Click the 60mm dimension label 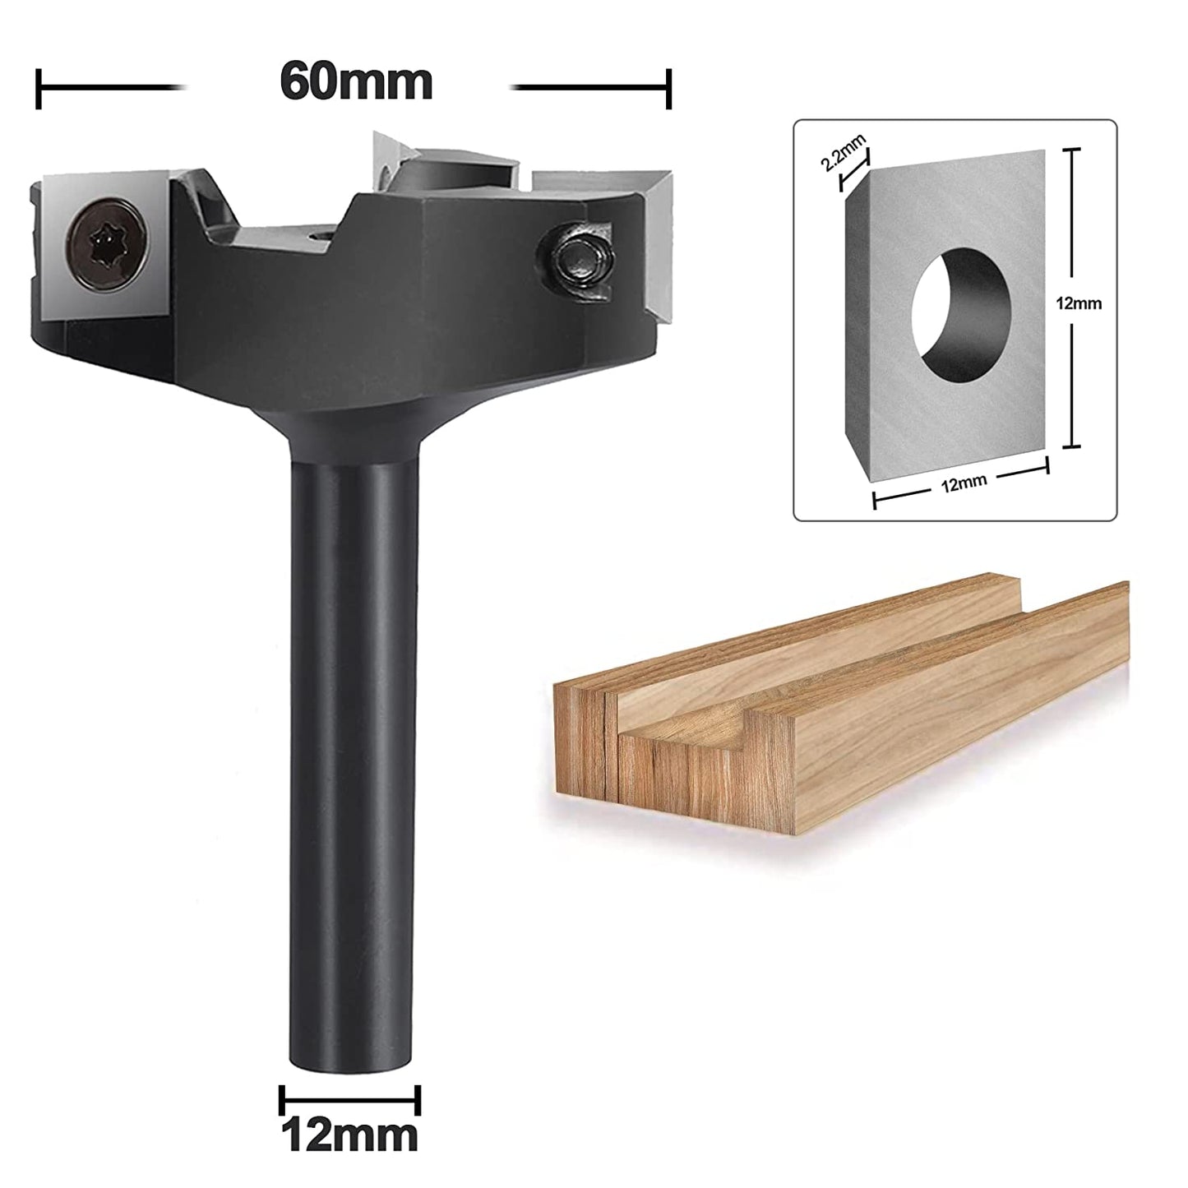pos(356,82)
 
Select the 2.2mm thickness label pos(844,154)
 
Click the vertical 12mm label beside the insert pos(1079,303)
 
